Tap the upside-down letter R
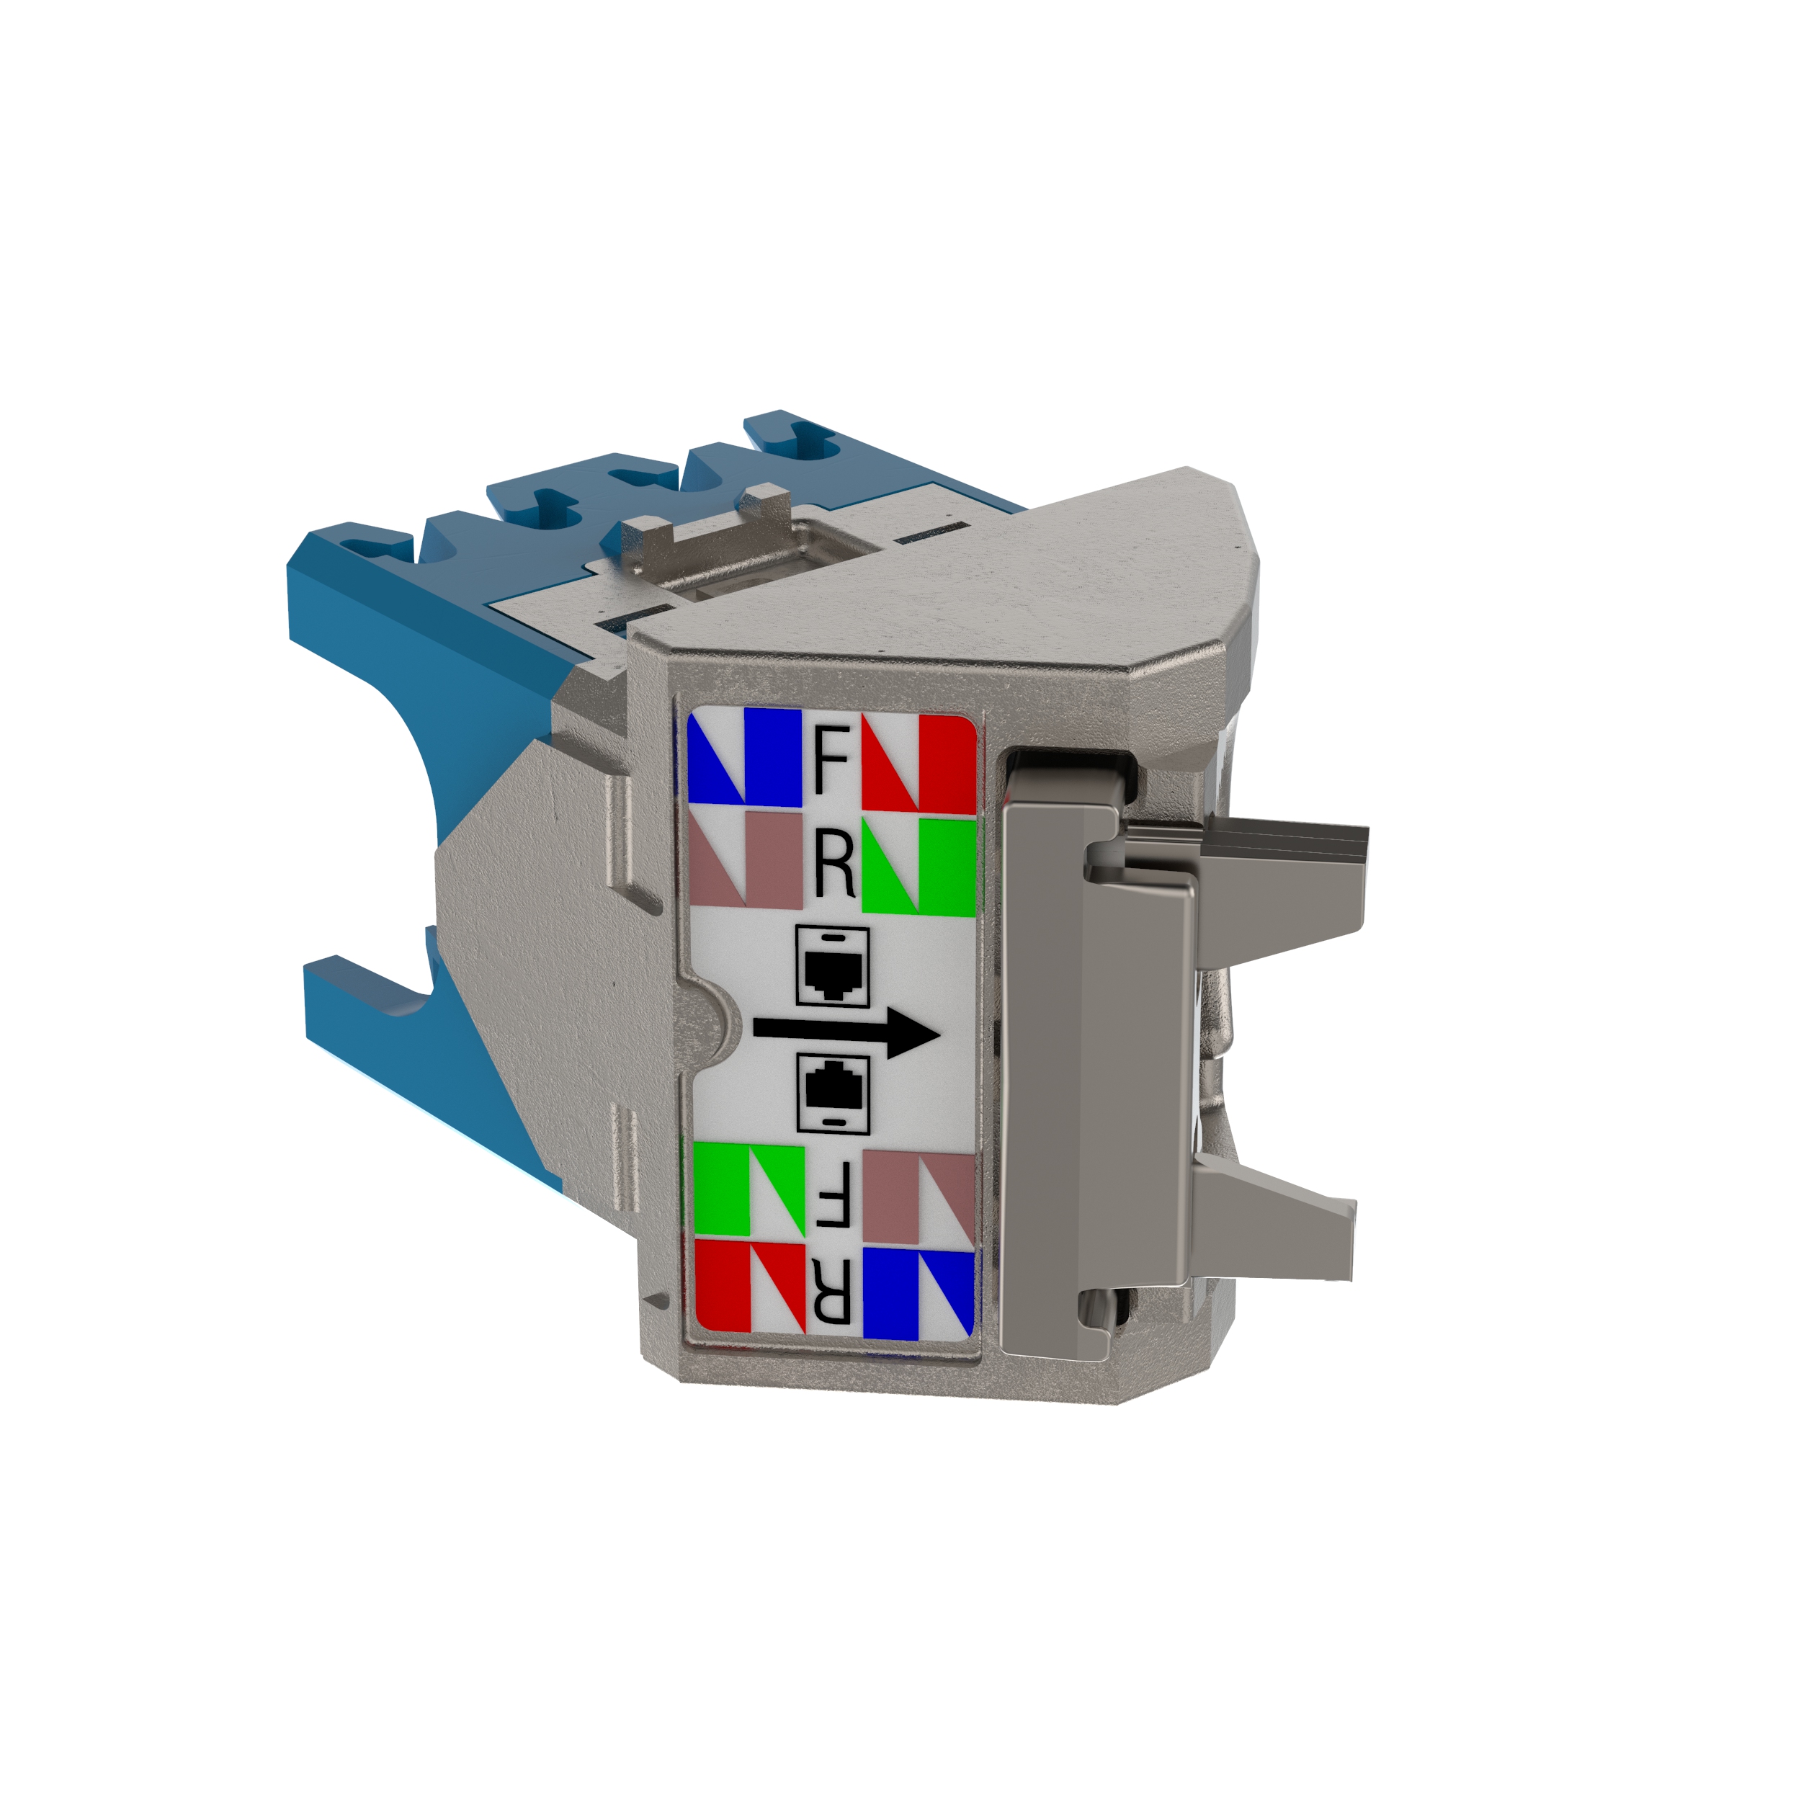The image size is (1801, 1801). (831, 1292)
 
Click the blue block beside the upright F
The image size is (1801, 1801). (746, 758)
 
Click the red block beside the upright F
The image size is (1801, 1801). (919, 761)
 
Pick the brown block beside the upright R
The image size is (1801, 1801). (748, 859)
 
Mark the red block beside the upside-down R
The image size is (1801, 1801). (749, 1287)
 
